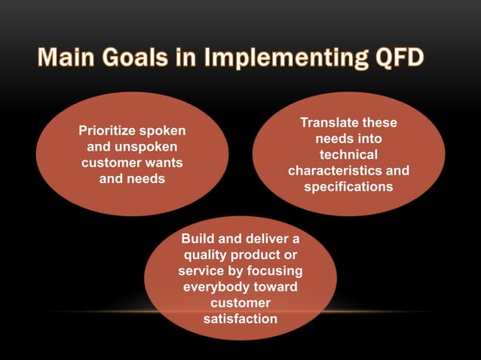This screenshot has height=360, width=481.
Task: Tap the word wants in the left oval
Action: (164, 163)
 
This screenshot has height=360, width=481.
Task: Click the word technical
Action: (348, 154)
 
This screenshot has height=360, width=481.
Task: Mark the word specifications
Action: (348, 187)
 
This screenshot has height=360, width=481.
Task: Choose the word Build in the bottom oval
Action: (198, 239)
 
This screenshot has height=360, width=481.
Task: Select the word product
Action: (264, 255)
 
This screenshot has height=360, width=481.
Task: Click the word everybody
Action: (213, 287)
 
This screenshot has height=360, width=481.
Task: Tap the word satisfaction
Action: (240, 319)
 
